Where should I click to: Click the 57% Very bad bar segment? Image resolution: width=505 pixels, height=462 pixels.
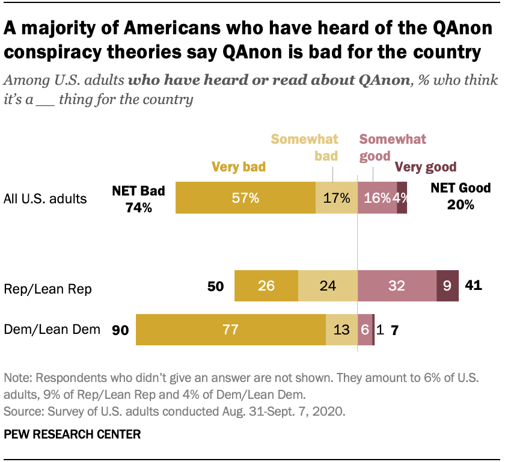point(245,197)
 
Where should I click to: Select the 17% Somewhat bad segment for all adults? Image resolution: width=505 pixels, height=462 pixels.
point(336,197)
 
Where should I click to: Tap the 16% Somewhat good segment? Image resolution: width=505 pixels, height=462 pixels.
point(377,197)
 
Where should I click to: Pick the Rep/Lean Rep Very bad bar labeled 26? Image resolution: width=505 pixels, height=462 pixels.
point(266,286)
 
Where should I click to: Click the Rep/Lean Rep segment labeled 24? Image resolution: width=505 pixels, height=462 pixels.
point(328,286)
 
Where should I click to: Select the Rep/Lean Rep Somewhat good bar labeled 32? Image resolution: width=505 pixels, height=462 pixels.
point(397,286)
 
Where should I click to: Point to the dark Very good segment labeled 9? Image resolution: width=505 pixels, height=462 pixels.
point(447,286)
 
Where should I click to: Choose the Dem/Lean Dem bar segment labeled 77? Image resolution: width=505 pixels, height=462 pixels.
point(231,330)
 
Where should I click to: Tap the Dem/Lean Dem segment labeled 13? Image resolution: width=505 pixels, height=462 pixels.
point(341,330)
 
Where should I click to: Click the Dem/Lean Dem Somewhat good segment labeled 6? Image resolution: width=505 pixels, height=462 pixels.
point(365,330)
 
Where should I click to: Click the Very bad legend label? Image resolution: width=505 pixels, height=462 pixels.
point(238,167)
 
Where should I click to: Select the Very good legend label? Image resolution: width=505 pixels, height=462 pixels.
point(425,167)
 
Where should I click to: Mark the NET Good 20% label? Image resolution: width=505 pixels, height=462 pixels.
point(461,196)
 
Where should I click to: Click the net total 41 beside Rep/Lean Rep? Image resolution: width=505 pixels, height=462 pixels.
point(474,286)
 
